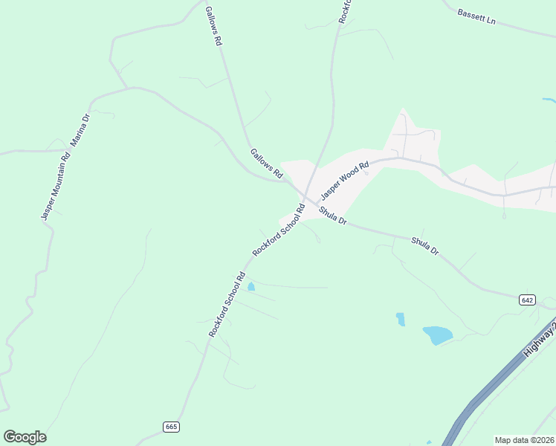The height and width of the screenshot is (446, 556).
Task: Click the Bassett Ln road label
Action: coord(476,17)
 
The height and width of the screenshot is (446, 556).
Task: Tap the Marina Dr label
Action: coord(80,130)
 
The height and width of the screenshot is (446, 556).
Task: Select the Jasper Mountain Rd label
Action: coord(56,186)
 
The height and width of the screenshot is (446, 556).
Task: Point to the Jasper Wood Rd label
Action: coord(345,181)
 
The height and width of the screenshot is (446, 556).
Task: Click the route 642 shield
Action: coord(527,300)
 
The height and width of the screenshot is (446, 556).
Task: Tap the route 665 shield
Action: coord(171,427)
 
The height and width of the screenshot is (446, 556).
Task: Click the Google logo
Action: coord(25,437)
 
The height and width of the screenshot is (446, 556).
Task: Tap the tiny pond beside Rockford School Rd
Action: coord(250,286)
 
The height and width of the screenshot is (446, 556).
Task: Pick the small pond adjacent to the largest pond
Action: coord(401,319)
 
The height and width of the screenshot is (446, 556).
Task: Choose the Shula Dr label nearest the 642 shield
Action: coord(426,246)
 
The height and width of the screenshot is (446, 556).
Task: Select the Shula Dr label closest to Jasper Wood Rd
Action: coord(333,216)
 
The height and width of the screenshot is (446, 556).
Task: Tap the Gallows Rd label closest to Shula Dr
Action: coord(267,164)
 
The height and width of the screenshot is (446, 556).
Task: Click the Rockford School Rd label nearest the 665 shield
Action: coord(227,305)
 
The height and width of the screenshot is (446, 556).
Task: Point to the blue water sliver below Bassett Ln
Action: coord(549,100)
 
